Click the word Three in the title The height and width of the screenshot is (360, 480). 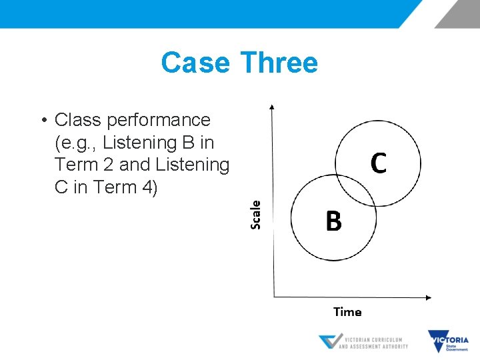(279, 63)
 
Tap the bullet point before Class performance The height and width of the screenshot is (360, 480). (42, 121)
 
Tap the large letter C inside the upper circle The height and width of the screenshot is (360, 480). (378, 163)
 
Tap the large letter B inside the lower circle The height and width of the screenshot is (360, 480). (333, 221)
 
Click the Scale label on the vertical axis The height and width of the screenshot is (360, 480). (256, 215)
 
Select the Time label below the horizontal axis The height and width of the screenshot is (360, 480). (347, 312)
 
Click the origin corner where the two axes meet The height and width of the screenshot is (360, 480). (273, 297)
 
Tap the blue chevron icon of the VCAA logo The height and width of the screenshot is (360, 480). (329, 342)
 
